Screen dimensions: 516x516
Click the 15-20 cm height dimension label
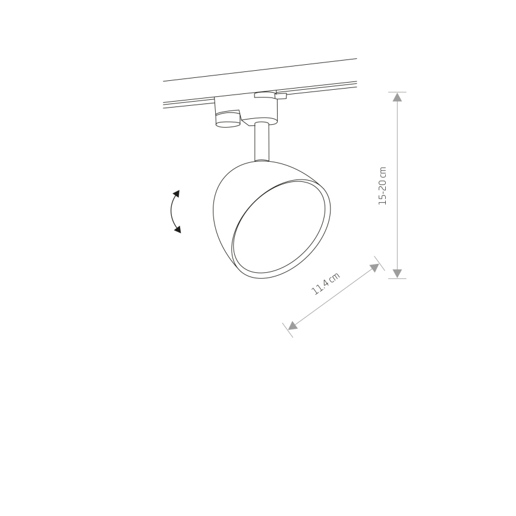(x=382, y=186)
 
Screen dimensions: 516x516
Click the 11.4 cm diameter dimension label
(x=325, y=284)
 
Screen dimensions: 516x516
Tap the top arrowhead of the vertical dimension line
(x=397, y=97)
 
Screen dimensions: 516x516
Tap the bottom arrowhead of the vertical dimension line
(x=397, y=273)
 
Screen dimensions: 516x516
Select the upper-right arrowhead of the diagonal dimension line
(x=375, y=268)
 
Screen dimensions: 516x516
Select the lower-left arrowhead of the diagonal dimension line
(x=292, y=325)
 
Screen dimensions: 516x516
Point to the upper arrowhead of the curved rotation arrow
(x=177, y=194)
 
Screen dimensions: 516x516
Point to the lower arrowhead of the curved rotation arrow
(x=178, y=229)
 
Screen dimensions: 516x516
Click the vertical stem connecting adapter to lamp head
(x=262, y=141)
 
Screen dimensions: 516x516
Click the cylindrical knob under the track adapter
(x=228, y=119)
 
